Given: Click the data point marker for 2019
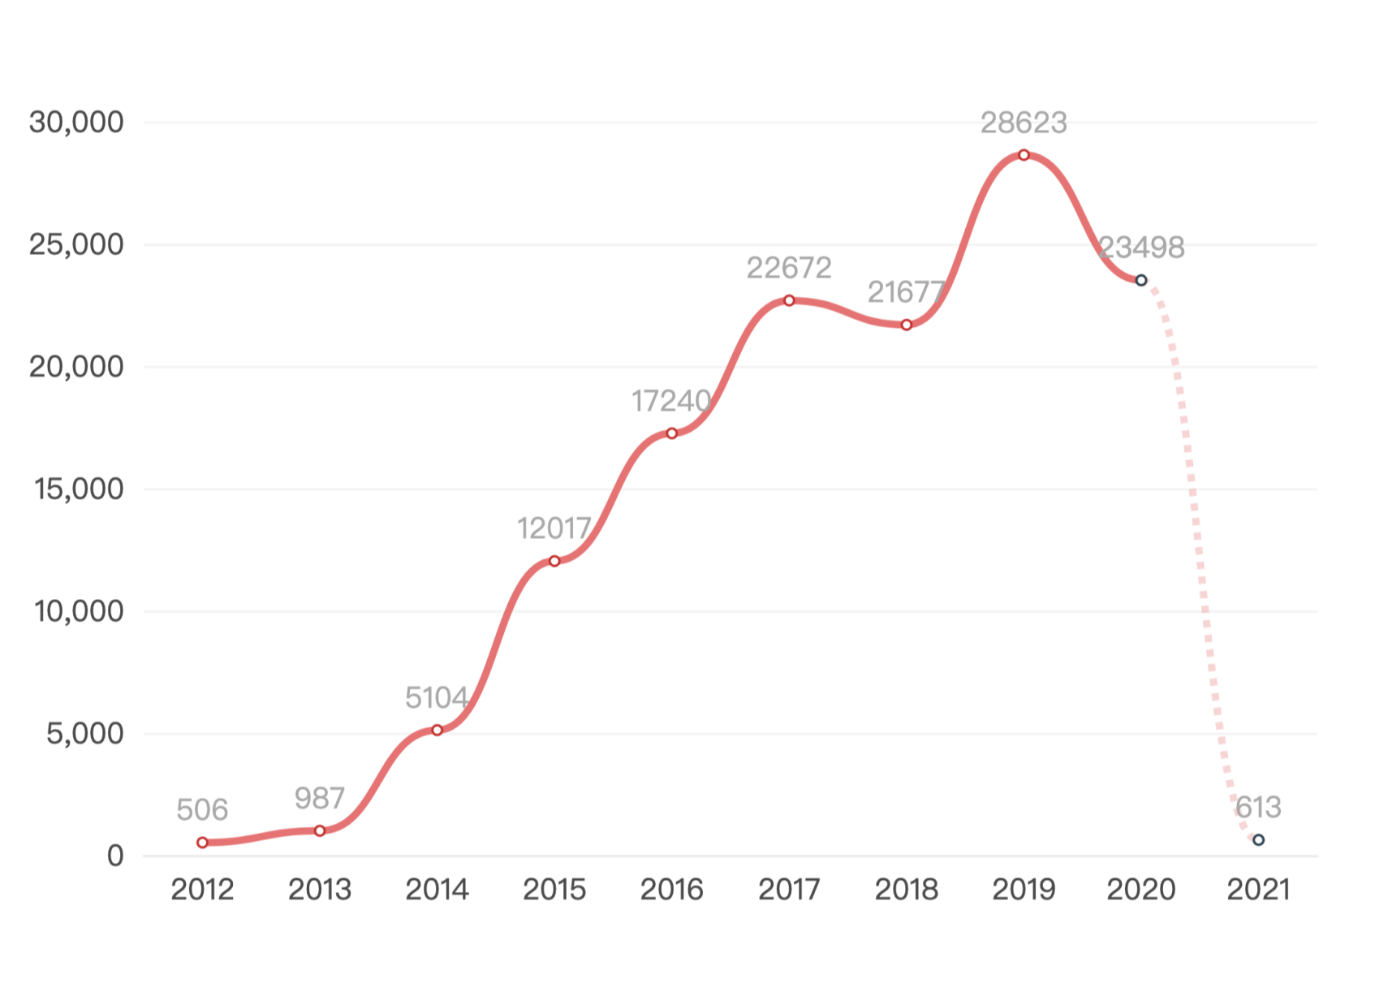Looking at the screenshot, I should point(1024,155).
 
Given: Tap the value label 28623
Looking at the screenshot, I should point(1024,123).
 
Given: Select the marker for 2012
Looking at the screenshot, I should point(202,843).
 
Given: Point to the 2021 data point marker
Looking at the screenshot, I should point(1258,840).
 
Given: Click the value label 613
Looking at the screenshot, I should point(1258,808).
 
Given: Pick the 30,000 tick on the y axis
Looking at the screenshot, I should point(76,123).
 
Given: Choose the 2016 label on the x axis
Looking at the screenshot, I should point(671,890).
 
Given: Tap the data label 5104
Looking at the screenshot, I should point(437,697).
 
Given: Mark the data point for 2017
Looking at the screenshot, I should point(789,300).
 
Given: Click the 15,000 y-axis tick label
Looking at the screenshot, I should point(79,489).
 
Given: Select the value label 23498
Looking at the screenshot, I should point(1141,247).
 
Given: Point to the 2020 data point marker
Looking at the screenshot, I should point(1141,280).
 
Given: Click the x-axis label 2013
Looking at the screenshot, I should point(320,890).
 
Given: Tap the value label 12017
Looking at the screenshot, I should point(554,528).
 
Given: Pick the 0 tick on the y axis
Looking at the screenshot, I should point(115,856).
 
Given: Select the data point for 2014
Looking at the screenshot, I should point(437,731).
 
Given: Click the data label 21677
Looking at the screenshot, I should point(906,292).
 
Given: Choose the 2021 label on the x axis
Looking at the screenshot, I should point(1258,890).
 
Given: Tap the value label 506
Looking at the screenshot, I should point(202,809).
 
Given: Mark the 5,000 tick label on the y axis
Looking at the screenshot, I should point(84,734).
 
